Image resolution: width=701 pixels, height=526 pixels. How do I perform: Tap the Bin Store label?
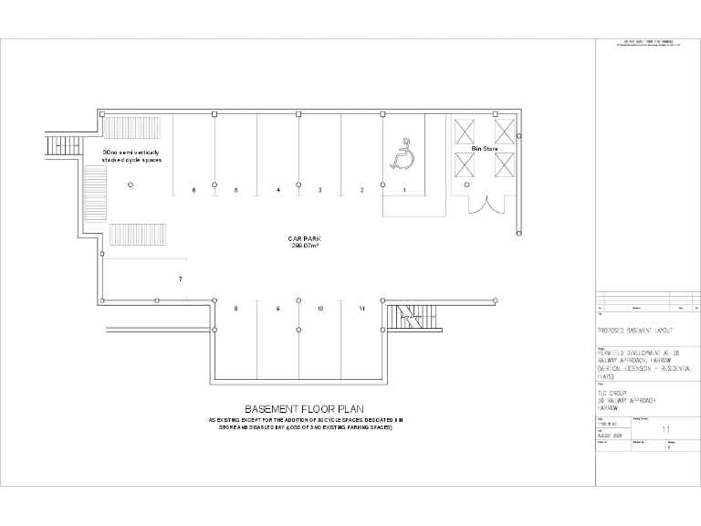tap(483, 147)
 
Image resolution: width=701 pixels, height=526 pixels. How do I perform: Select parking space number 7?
tap(181, 278)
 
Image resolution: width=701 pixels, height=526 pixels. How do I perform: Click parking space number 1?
tap(403, 190)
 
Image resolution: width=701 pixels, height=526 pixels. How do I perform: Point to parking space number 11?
tap(362, 309)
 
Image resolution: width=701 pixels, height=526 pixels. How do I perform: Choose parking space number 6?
tap(194, 190)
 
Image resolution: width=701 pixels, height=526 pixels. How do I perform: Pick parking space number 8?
tap(235, 309)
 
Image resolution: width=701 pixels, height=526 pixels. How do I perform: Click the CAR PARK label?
tap(303, 239)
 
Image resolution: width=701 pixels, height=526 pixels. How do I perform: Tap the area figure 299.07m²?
tap(303, 247)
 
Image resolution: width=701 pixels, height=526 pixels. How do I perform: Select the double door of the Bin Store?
tap(484, 203)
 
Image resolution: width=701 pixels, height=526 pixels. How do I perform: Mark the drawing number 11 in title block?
tap(665, 427)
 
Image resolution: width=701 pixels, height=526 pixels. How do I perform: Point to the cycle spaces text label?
tap(131, 154)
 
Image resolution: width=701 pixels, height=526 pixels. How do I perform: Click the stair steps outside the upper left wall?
tap(58, 144)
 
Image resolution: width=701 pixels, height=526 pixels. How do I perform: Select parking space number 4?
tap(277, 190)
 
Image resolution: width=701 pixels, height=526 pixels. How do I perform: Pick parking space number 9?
tap(277, 309)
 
